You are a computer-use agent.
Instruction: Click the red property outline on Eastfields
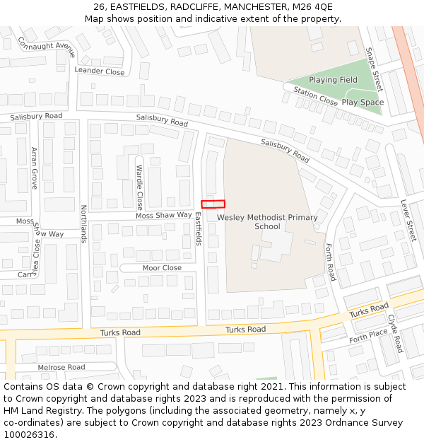click(x=213, y=204)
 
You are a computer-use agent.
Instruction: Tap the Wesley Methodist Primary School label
click(x=267, y=222)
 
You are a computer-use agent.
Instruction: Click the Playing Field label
click(x=333, y=80)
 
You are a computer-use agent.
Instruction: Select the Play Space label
click(x=363, y=103)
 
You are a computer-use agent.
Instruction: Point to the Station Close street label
click(x=315, y=96)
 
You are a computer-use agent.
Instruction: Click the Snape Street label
click(x=373, y=69)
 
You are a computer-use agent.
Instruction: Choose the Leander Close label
click(x=99, y=71)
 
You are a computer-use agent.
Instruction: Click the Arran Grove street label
click(x=34, y=168)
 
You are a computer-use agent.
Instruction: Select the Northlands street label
click(x=83, y=223)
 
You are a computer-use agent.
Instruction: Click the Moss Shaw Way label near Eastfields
click(x=163, y=215)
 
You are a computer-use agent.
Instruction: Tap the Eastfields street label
click(x=199, y=231)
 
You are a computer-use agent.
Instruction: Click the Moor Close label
click(x=162, y=268)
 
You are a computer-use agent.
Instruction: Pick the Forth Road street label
click(x=329, y=262)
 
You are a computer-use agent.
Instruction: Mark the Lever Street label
click(x=408, y=219)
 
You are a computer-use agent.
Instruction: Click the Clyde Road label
click(x=394, y=334)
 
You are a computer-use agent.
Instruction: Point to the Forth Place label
click(x=368, y=335)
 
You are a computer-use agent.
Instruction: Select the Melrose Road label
click(x=61, y=367)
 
